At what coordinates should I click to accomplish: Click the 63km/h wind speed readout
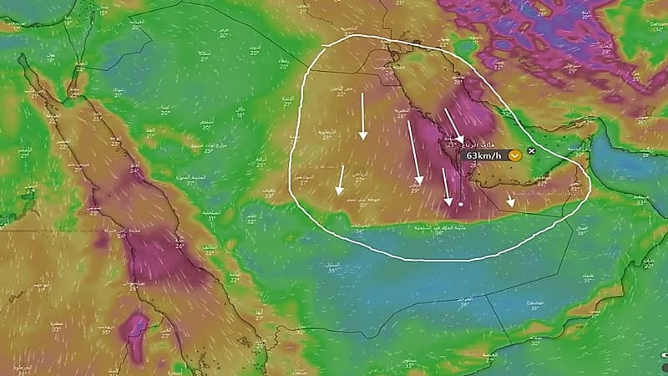point(484,155)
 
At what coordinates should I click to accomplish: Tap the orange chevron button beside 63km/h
point(515,155)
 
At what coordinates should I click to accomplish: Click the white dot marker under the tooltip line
point(460,203)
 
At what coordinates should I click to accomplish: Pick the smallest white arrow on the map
point(511,201)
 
